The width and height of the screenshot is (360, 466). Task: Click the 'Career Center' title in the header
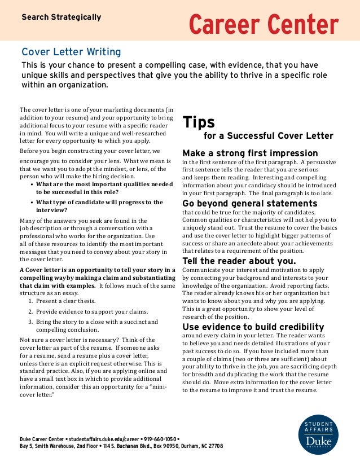coord(263,24)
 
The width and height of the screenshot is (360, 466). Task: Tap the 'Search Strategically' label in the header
coord(61,17)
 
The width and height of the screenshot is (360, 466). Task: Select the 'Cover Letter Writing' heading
coord(71,52)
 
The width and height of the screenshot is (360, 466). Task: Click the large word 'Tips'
coord(197,122)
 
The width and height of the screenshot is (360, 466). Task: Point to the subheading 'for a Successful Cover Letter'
coord(268,136)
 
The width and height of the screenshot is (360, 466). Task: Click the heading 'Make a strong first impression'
coord(250,153)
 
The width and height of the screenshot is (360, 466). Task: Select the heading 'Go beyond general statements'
coord(249,204)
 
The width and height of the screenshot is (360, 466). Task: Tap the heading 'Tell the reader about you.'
coord(239,261)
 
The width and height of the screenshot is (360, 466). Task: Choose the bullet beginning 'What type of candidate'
coord(99,205)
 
